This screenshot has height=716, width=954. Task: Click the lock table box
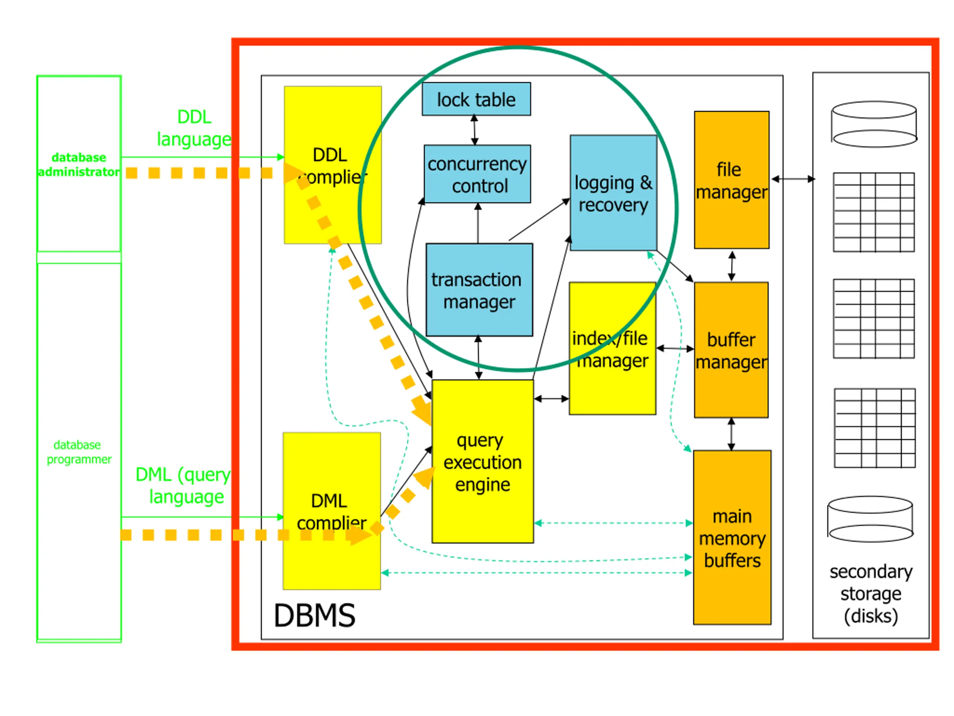coord(476,99)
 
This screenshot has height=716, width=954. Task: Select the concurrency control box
coord(477,174)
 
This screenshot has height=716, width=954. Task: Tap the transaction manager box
coord(479,290)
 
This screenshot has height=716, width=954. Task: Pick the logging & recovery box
coord(613,192)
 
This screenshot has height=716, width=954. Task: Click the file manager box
coord(732,180)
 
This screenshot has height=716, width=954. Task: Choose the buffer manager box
coord(731,350)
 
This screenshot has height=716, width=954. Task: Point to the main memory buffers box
coord(732,537)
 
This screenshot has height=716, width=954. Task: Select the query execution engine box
coord(483,461)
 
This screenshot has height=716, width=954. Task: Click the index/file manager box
coord(612,349)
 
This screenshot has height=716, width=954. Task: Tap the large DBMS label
coord(315,615)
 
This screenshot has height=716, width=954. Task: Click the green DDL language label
coord(194,128)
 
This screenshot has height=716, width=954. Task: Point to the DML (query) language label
coord(184,486)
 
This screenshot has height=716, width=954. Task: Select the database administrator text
coord(79,164)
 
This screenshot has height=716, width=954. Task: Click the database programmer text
coord(79,452)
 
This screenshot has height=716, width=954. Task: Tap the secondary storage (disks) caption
coord(871,594)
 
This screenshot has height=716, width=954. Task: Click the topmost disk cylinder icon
coord(874,124)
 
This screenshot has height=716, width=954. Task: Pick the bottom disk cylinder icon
coord(870,519)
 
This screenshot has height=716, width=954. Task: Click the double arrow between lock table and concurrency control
coord(474,130)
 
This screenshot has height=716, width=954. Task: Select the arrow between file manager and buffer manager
coord(732,266)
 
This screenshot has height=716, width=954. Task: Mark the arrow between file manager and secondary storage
coord(793,179)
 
